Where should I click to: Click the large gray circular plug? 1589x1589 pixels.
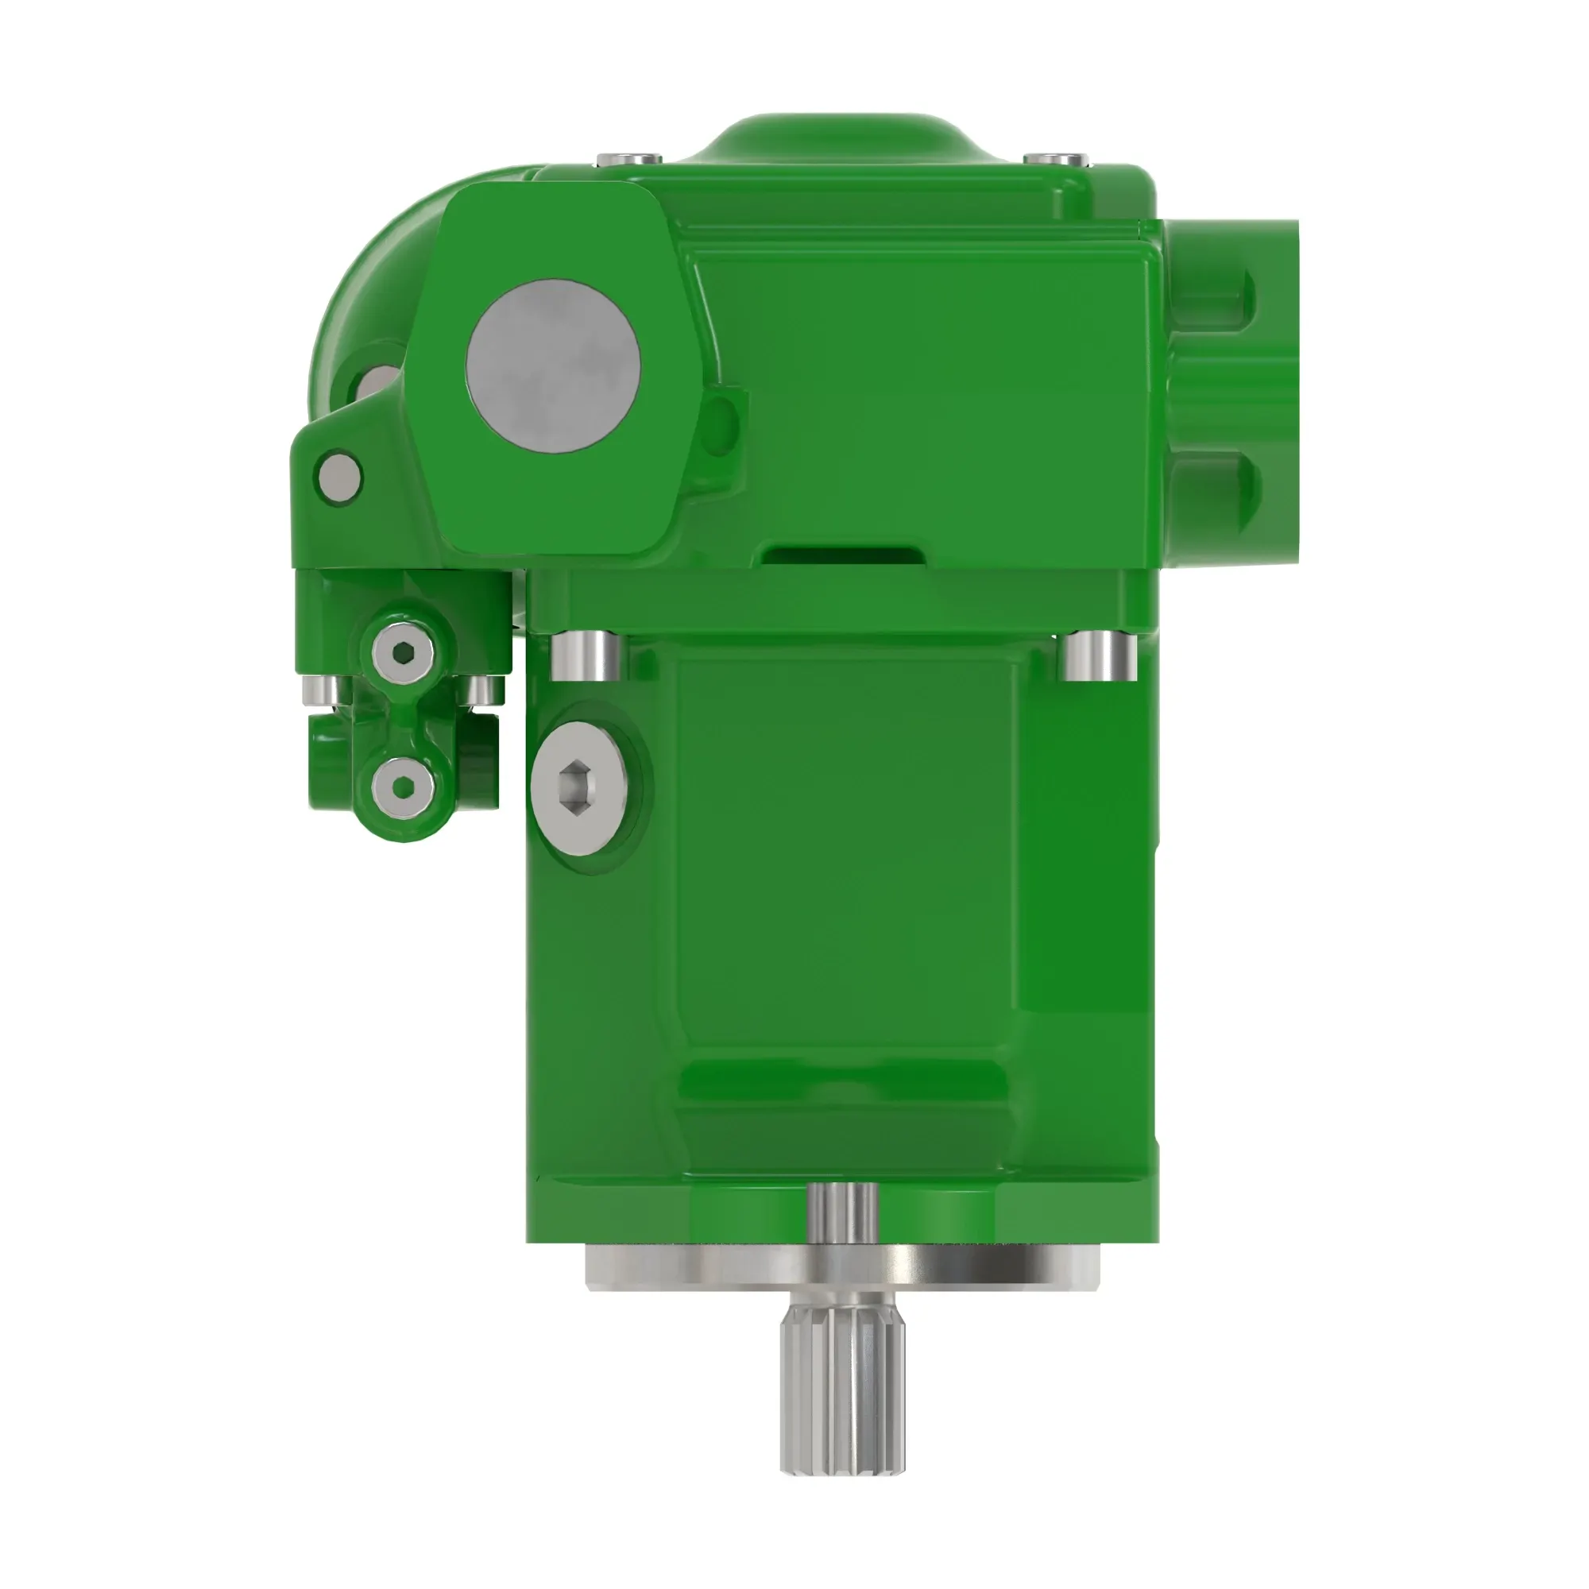click(x=553, y=365)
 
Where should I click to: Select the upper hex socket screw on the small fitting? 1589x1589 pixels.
click(x=403, y=653)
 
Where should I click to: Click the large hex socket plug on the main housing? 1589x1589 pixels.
click(x=579, y=789)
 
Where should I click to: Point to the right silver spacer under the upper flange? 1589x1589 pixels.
click(x=1097, y=655)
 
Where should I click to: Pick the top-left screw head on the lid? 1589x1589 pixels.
click(x=629, y=157)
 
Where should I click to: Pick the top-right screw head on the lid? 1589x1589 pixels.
click(x=1054, y=157)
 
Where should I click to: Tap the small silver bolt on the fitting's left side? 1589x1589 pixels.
click(x=320, y=690)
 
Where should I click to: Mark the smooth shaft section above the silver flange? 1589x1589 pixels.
click(x=842, y=1212)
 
